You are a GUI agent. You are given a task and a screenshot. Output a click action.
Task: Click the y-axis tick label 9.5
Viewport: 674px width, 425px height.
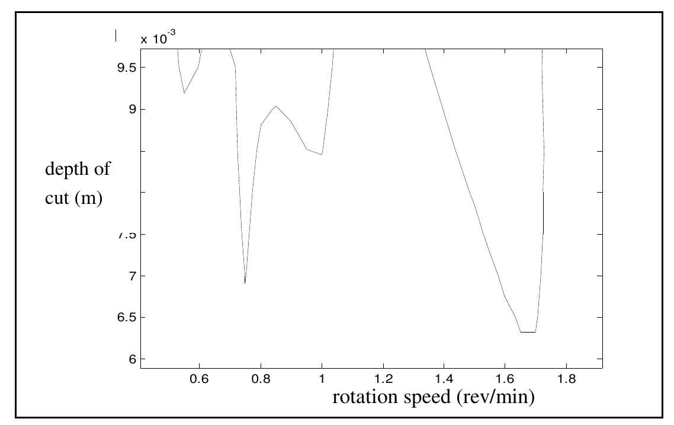[x=126, y=68]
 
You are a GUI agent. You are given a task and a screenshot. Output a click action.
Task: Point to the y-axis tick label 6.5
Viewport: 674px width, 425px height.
[x=126, y=318]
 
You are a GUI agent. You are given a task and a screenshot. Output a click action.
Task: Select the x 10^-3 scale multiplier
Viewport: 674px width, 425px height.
[x=158, y=39]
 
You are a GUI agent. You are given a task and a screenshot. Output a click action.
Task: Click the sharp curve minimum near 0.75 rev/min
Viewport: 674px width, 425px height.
[x=245, y=283]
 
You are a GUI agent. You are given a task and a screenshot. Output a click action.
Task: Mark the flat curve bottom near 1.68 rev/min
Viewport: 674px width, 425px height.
[x=528, y=332]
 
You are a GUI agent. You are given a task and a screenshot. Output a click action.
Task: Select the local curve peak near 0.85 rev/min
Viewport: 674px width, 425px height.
[x=275, y=106]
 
